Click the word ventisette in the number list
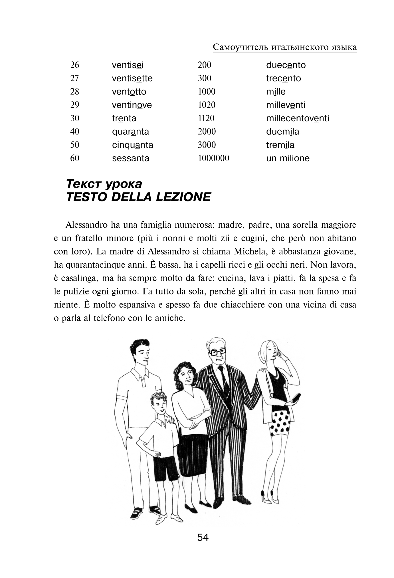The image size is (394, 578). pyautogui.click(x=132, y=78)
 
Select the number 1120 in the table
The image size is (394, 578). pyautogui.click(x=206, y=118)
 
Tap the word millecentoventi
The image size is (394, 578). pyautogui.click(x=297, y=118)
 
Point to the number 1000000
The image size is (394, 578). pyautogui.click(x=213, y=158)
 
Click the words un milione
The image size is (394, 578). pyautogui.click(x=288, y=158)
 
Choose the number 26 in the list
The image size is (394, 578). pyautogui.click(x=74, y=65)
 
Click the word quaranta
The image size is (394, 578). pyautogui.click(x=130, y=132)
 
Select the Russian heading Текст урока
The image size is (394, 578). pyautogui.click(x=104, y=184)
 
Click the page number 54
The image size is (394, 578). pyautogui.click(x=203, y=537)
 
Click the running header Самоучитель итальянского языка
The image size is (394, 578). pyautogui.click(x=285, y=47)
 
